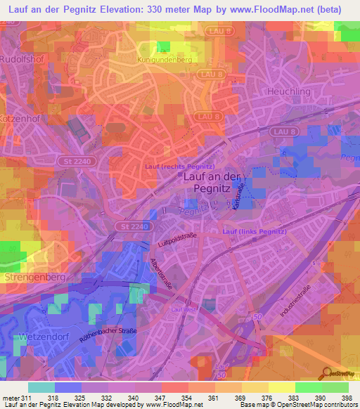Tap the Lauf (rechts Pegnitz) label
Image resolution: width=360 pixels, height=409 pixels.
click(x=179, y=166)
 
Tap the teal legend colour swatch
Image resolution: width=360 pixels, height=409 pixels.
click(x=41, y=387)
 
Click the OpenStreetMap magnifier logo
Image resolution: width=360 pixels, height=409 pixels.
click(x=328, y=372)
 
